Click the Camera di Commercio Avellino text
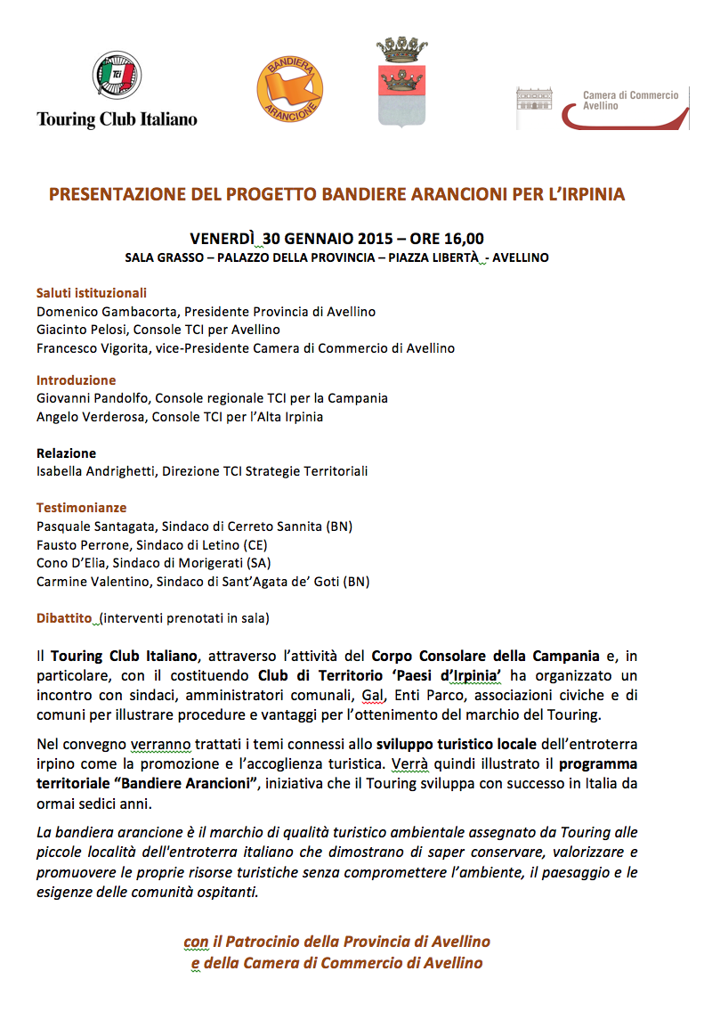(x=630, y=100)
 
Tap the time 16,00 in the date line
(x=464, y=239)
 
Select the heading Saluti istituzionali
(x=92, y=293)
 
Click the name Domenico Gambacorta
(x=98, y=312)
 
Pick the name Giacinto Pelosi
(x=78, y=330)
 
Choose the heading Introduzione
(x=76, y=380)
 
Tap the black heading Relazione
(x=66, y=453)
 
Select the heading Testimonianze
(x=81, y=508)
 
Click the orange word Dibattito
(x=64, y=616)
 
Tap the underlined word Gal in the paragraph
(x=372, y=694)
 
